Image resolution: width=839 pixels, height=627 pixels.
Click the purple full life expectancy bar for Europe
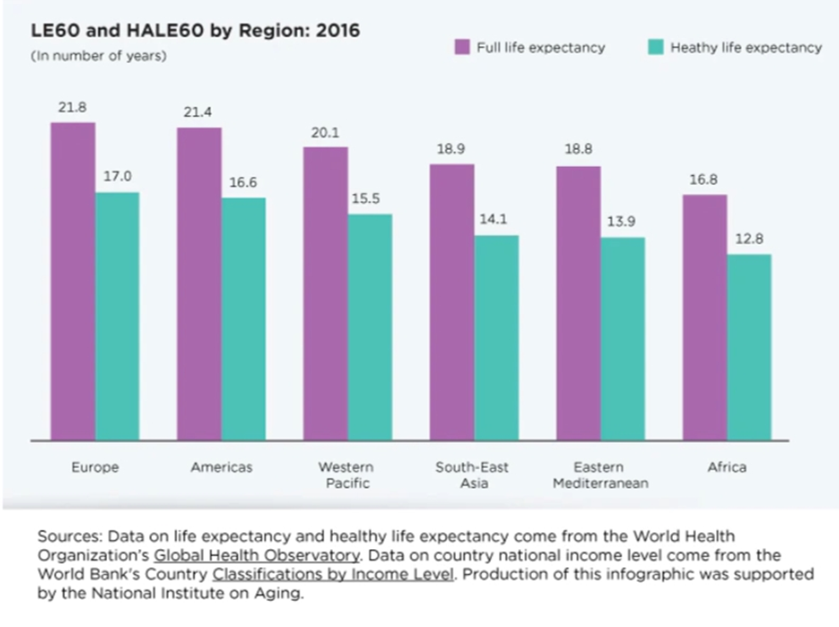(73, 280)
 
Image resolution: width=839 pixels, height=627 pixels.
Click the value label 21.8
(72, 107)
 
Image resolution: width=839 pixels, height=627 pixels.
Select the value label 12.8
(750, 239)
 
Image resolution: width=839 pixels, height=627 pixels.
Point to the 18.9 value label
(451, 149)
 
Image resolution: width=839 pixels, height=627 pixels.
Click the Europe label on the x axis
(95, 467)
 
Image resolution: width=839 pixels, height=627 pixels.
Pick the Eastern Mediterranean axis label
(600, 475)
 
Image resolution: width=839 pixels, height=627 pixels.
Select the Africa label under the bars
(728, 467)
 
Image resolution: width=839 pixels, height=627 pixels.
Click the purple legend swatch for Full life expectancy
(462, 47)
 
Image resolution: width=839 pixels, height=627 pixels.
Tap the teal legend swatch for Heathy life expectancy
(656, 47)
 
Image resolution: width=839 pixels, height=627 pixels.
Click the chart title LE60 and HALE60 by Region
(195, 31)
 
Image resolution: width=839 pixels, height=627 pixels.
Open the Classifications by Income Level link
(334, 573)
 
